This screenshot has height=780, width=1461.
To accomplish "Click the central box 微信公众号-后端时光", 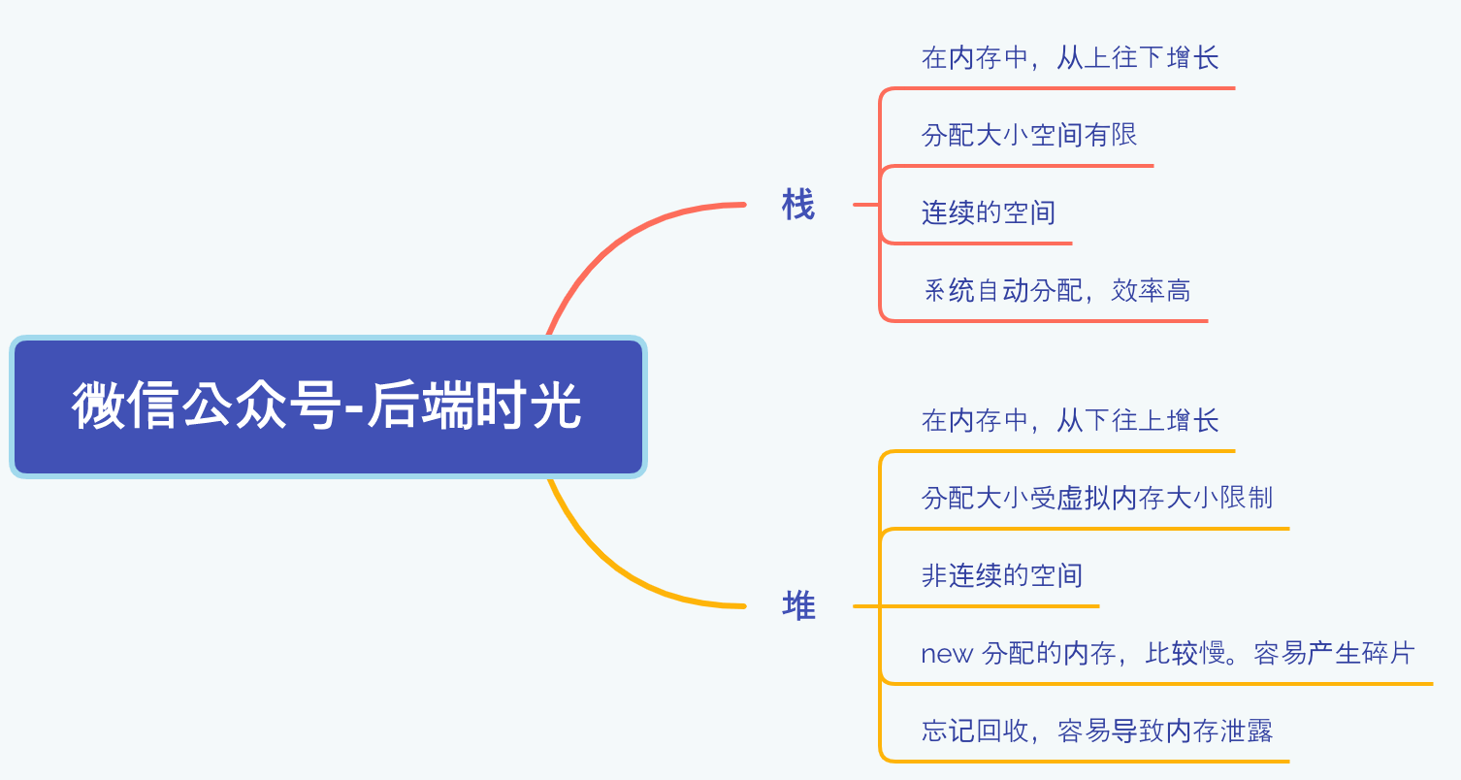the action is point(328,406).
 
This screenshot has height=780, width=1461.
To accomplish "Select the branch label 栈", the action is point(798,205).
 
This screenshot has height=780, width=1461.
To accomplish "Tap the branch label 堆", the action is point(798,606).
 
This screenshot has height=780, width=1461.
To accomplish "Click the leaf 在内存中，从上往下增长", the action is point(1070,57).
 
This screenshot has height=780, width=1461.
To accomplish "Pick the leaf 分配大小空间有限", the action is point(1028,135).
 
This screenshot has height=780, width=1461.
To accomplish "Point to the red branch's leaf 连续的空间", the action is point(989,212).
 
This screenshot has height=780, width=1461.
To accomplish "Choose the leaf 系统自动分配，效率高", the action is point(1056,290).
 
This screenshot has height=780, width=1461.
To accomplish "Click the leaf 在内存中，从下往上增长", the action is point(1070,421).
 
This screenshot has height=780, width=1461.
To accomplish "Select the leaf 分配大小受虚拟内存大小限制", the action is point(1097,499).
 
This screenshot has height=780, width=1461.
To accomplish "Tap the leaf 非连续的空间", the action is point(1002,576).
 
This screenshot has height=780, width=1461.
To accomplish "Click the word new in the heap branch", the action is point(947,655).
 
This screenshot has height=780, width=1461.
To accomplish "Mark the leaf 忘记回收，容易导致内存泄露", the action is point(1097,731).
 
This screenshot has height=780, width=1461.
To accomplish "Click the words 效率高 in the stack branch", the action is point(1152,290).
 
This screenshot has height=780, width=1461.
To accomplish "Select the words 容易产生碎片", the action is point(1334,654).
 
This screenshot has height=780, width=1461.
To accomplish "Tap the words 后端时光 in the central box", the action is point(474,406).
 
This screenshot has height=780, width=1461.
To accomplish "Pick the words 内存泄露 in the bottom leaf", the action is point(1219,731).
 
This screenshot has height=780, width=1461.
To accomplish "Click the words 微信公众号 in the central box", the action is point(207,406).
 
